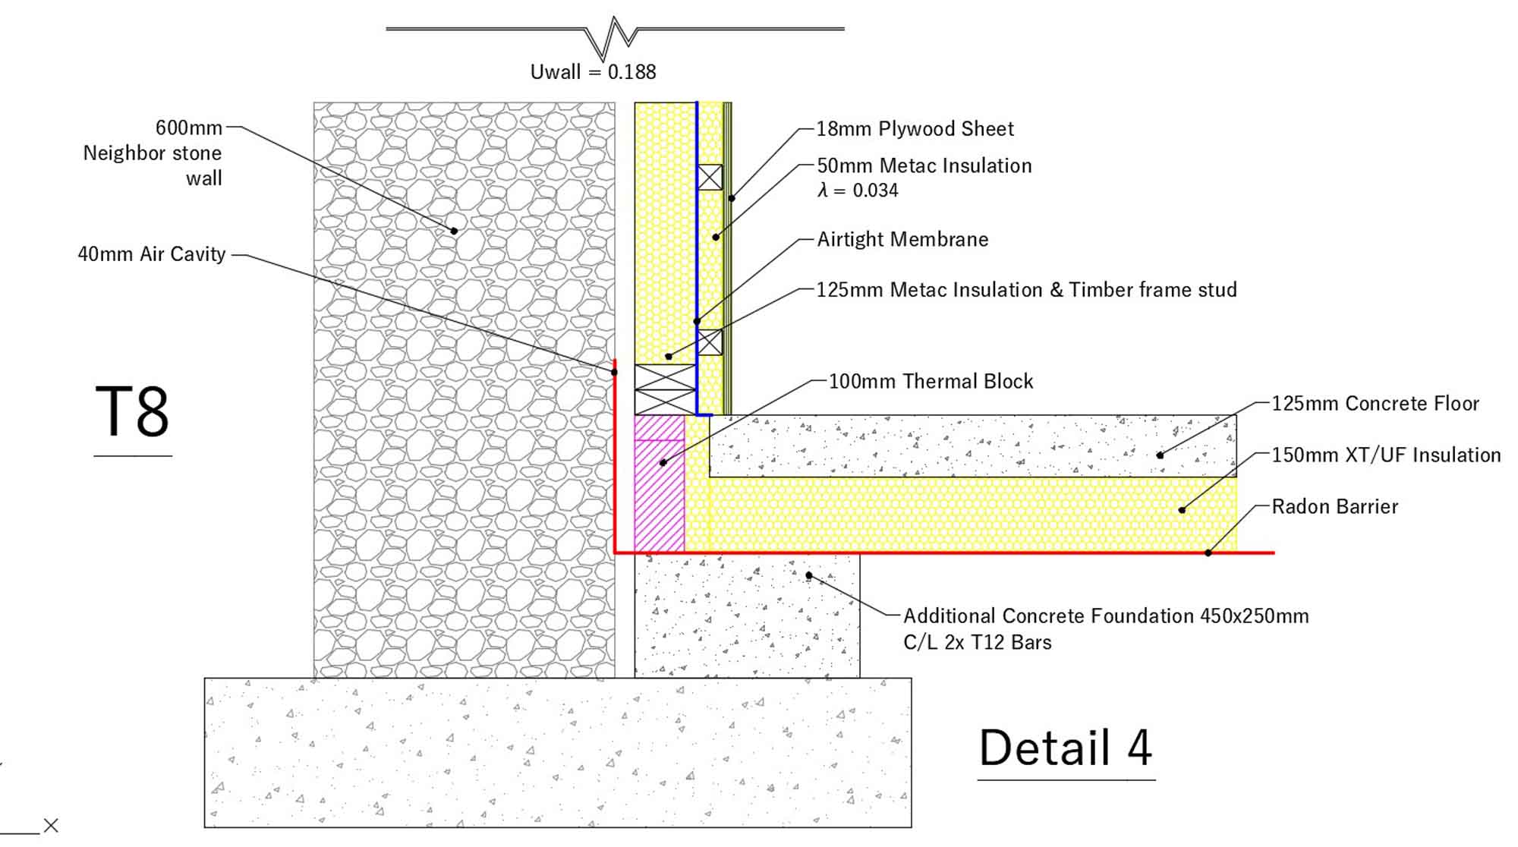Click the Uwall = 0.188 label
pyautogui.click(x=593, y=72)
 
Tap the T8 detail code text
pyautogui.click(x=132, y=412)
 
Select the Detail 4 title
pyautogui.click(x=1066, y=748)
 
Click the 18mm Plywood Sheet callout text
pyautogui.click(x=915, y=129)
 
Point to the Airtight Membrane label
pyautogui.click(x=902, y=240)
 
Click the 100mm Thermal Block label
pyautogui.click(x=931, y=381)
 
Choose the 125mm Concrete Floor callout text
pyautogui.click(x=1375, y=404)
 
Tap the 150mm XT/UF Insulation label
pyautogui.click(x=1386, y=455)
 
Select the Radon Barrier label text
pyautogui.click(x=1334, y=507)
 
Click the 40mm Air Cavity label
pyautogui.click(x=152, y=254)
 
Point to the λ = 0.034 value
pyautogui.click(x=858, y=190)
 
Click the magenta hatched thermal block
pyautogui.click(x=660, y=493)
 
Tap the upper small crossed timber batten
pyautogui.click(x=710, y=178)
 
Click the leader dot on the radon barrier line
pyautogui.click(x=1208, y=553)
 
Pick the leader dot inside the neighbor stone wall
pyautogui.click(x=455, y=231)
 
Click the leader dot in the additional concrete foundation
pyautogui.click(x=809, y=575)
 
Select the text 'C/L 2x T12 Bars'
pyautogui.click(x=977, y=643)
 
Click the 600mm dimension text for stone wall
pyautogui.click(x=189, y=128)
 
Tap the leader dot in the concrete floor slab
pyautogui.click(x=1160, y=455)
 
